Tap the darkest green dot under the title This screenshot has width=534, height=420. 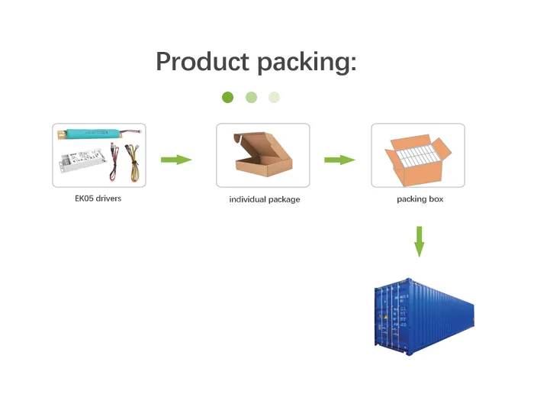(227, 97)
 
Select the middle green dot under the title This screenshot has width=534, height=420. (251, 97)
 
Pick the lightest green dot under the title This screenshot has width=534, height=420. (275, 97)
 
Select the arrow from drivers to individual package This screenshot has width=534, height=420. (175, 160)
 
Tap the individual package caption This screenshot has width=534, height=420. (265, 199)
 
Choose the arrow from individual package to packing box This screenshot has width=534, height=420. (339, 160)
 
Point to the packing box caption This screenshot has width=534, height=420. (420, 199)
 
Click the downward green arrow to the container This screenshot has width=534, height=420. (419, 241)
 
